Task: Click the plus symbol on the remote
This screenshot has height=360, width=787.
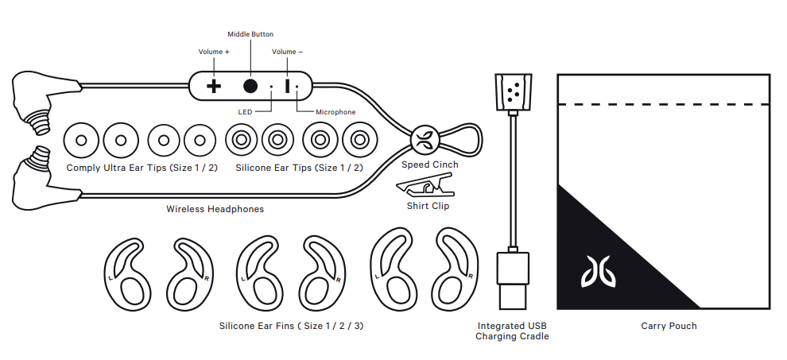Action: click(x=214, y=86)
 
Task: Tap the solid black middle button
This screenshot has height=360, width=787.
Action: click(x=250, y=86)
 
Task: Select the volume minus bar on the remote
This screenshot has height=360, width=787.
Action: click(x=288, y=86)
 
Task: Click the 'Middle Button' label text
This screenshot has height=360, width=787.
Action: click(x=250, y=34)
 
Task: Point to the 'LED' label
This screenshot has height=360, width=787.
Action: click(x=245, y=112)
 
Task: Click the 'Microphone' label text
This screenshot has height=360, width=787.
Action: click(x=335, y=112)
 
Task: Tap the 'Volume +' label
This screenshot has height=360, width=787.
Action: click(x=214, y=52)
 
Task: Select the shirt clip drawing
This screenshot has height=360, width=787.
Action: click(x=425, y=185)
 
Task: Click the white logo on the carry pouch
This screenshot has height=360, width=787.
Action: click(x=599, y=272)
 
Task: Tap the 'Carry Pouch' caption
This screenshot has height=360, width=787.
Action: click(x=669, y=326)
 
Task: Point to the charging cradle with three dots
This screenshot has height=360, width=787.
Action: click(x=514, y=92)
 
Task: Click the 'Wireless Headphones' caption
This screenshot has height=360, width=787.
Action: click(x=215, y=209)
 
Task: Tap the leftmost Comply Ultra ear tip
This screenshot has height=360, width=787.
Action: click(x=81, y=140)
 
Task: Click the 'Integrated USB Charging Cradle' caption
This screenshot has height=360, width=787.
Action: click(x=512, y=331)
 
